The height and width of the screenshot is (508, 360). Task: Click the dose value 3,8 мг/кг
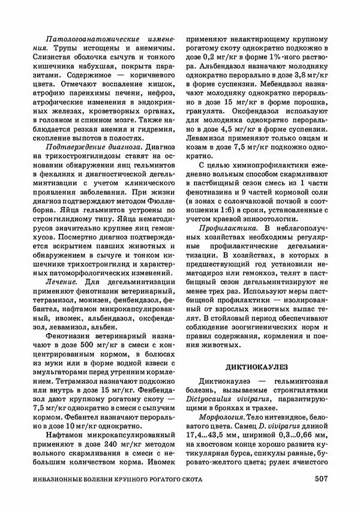click(x=311, y=77)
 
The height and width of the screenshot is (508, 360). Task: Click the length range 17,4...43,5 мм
click(x=217, y=434)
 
